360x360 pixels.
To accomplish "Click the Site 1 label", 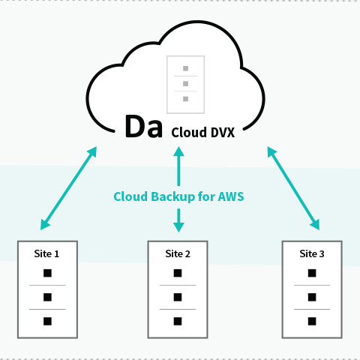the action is (46, 253).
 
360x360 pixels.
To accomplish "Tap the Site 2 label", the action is (178, 253).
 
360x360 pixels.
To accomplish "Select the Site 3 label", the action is (312, 253).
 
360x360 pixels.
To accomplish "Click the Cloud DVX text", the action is (203, 132).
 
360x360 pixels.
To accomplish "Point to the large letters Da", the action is (144, 127).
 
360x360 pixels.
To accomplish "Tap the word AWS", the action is (231, 196).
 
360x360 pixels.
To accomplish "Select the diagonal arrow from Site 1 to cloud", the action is (68, 188).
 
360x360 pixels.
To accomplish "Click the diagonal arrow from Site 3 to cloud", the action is (293, 188).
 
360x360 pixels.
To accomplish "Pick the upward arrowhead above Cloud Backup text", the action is (178, 151).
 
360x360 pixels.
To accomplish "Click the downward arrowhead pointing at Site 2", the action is (178, 227).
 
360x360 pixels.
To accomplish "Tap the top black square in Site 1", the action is (47, 273).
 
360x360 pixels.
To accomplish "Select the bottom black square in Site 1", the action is (47, 321).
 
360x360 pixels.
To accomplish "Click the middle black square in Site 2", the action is (178, 297).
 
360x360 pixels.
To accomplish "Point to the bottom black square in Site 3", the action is (312, 321).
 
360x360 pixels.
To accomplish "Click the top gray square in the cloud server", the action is (185, 68).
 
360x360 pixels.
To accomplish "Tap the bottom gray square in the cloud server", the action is (185, 99).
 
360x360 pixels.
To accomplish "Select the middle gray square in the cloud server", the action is (185, 84).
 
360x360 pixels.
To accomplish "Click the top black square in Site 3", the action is (312, 273).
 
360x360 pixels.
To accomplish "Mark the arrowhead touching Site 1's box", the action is (44, 225).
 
